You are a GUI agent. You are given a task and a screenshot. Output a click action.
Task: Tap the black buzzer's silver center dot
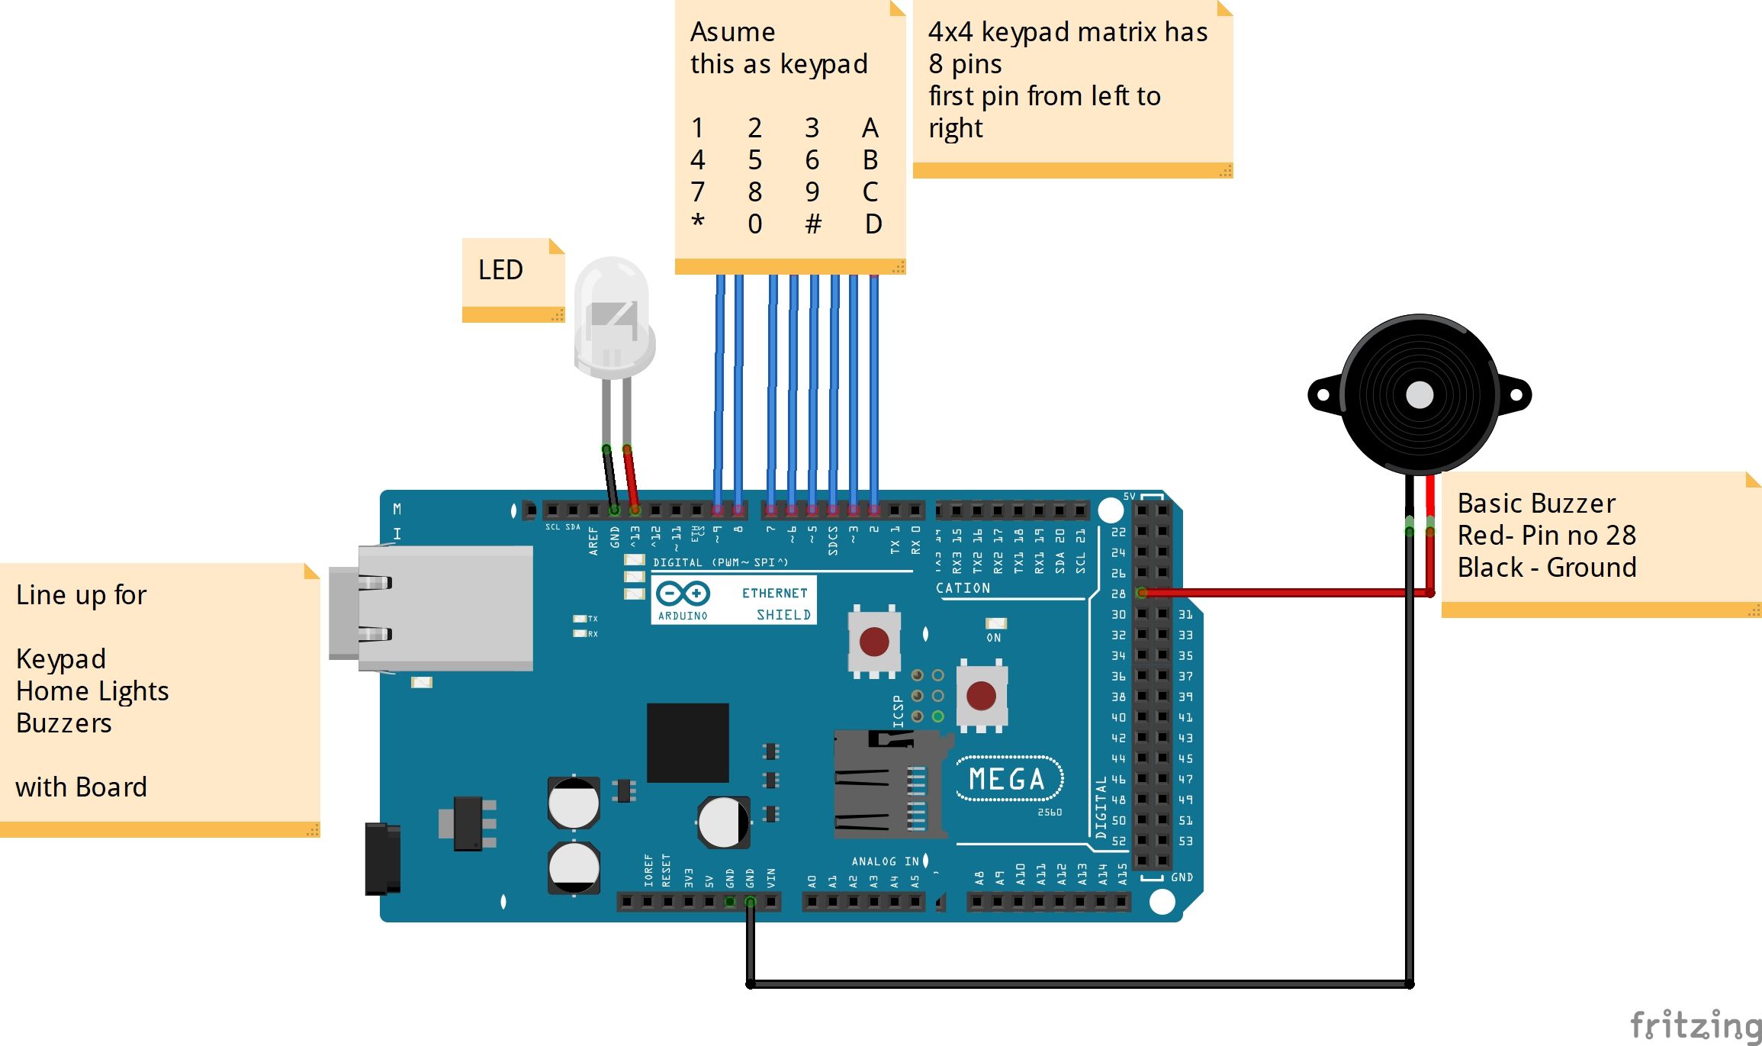tap(1419, 394)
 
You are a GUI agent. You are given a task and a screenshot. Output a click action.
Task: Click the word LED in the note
tap(500, 270)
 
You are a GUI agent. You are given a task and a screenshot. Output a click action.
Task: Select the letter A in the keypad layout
tap(870, 128)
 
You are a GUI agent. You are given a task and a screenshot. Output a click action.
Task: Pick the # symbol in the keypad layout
tap(813, 224)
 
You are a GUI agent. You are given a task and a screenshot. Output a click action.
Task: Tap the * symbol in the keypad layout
tap(697, 222)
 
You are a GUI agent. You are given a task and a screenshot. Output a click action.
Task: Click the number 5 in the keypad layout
tap(754, 160)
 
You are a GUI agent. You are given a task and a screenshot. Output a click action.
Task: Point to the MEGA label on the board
tap(1007, 779)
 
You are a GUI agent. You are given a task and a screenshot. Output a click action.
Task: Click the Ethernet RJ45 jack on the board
tap(435, 608)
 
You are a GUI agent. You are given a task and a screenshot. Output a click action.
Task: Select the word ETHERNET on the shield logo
tap(774, 593)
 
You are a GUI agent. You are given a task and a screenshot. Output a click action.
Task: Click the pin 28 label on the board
tap(1118, 594)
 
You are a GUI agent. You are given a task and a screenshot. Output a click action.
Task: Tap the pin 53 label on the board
tap(1185, 841)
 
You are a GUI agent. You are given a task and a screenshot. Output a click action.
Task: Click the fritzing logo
tap(1695, 1025)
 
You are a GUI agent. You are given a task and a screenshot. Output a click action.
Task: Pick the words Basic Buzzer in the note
tap(1535, 504)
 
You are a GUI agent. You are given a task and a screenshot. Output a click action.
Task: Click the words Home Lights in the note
tap(92, 691)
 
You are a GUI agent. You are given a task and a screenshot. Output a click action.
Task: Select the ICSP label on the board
tap(898, 711)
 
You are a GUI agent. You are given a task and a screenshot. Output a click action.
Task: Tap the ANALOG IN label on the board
tap(885, 861)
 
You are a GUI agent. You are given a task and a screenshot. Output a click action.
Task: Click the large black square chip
tap(687, 742)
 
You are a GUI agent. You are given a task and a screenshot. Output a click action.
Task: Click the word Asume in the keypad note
tap(732, 32)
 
